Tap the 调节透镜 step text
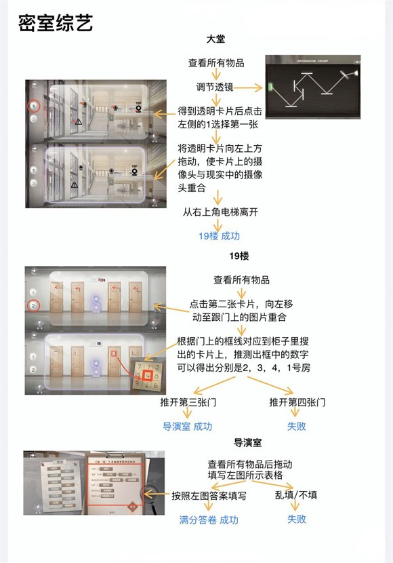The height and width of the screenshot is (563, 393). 215,87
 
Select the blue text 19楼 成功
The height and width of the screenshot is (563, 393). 219,236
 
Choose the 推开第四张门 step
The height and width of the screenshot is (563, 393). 297,402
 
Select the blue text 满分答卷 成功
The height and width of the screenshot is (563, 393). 209,520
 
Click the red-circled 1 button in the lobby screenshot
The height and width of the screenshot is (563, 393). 33,106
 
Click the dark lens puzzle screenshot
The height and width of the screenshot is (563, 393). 314,89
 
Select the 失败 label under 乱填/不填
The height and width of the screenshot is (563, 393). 296,519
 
